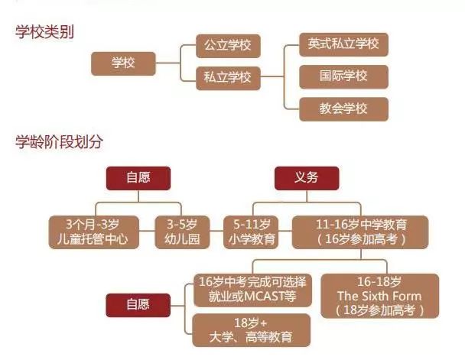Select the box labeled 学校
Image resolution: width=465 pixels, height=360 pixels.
pyautogui.click(x=123, y=63)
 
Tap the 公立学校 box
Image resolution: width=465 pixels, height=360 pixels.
pyautogui.click(x=228, y=46)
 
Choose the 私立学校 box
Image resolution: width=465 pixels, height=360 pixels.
pyautogui.click(x=228, y=77)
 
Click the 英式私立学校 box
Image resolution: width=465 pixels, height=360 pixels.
pyautogui.click(x=343, y=44)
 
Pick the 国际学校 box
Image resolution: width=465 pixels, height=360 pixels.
pyautogui.click(x=343, y=76)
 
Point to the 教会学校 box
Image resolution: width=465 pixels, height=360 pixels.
pyautogui.click(x=343, y=109)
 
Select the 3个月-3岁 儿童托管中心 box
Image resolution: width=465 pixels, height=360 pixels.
pyautogui.click(x=93, y=232)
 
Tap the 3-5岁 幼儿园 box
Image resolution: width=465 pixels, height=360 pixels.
pyautogui.click(x=181, y=232)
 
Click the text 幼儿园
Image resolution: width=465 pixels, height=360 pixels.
pyautogui.click(x=181, y=239)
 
